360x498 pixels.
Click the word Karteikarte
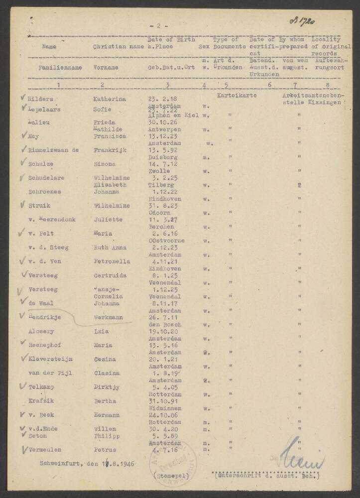[x=237, y=95]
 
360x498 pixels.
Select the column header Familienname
[x=54, y=67]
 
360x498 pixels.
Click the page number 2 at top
[x=158, y=25]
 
